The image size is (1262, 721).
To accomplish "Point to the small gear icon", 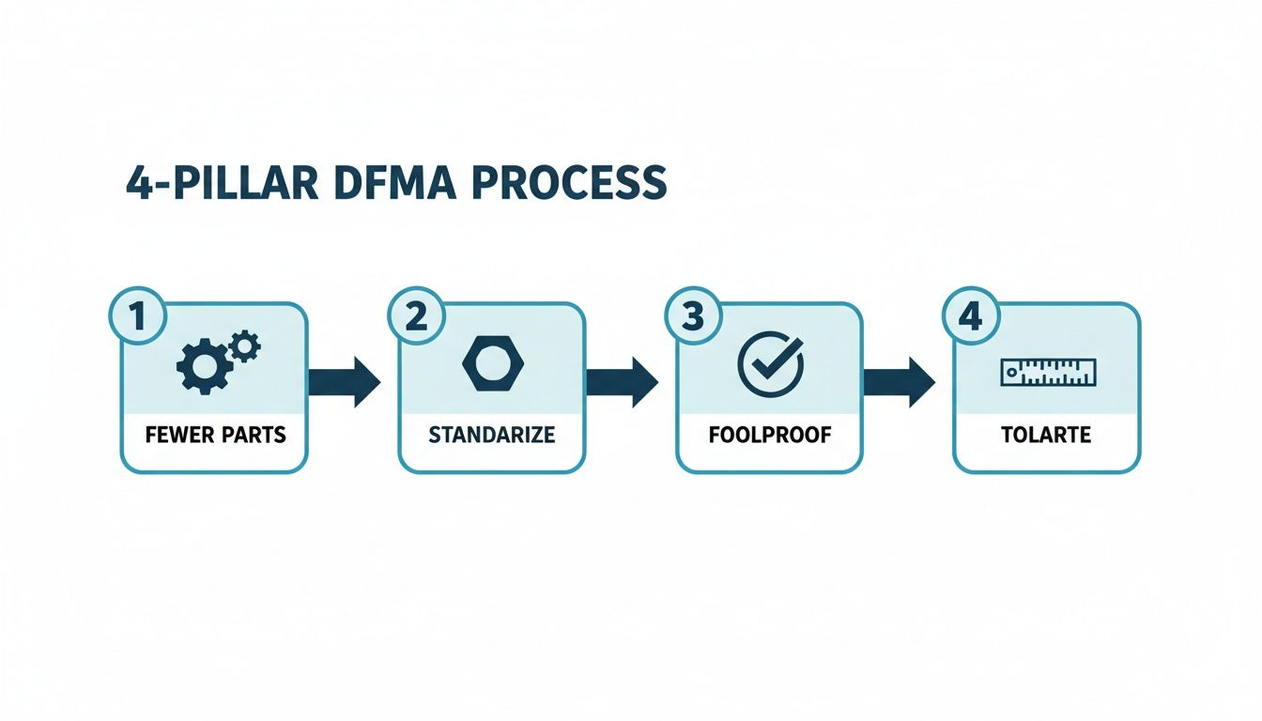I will point(245,346).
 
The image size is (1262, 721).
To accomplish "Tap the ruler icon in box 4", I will point(1047,373).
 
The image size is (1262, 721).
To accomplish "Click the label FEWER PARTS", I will point(214,436).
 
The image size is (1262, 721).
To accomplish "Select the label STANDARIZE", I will point(491,436).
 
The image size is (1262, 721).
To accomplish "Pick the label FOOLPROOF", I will point(769,436).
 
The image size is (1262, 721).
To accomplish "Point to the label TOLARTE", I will point(1047,436).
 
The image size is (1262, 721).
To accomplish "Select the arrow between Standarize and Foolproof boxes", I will point(621,381).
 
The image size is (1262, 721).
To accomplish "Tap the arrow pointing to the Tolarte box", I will point(898,381).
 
